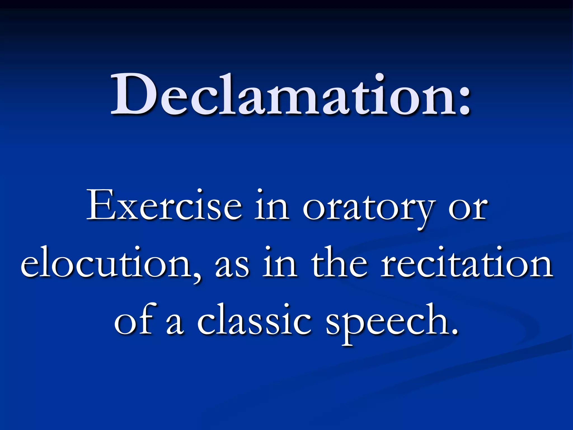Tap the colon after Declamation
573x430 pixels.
pyautogui.click(x=462, y=102)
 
